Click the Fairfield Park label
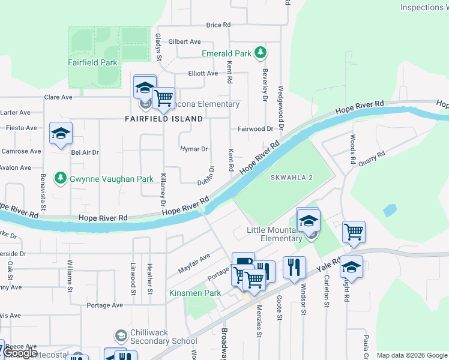[x=92, y=62]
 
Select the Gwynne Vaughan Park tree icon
[x=60, y=178]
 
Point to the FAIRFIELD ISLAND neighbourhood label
[x=164, y=119]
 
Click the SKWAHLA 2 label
[x=292, y=178]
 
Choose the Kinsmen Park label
[x=195, y=293]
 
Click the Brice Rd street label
[x=218, y=25]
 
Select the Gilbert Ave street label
[x=184, y=42]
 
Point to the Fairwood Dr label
[x=255, y=129]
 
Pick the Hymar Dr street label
[x=194, y=149]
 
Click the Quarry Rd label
[x=372, y=158]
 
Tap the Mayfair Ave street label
[x=194, y=263]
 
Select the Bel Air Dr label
[x=84, y=152]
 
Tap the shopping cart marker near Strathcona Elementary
[x=163, y=98]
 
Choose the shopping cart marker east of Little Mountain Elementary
[x=354, y=232]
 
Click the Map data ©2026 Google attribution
[x=412, y=355]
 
